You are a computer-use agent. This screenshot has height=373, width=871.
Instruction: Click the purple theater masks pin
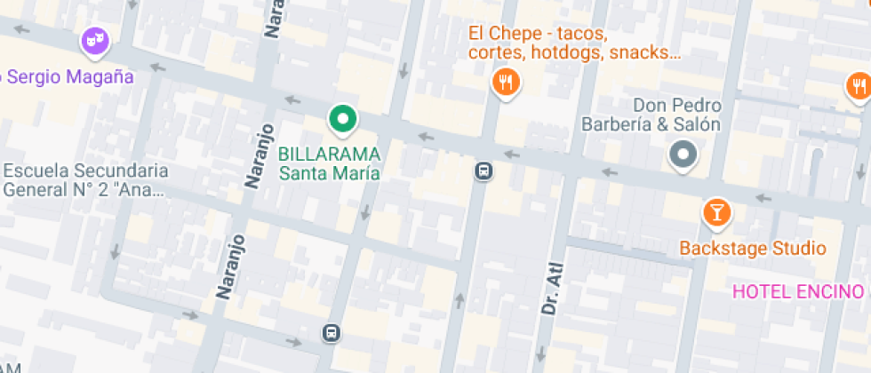93,40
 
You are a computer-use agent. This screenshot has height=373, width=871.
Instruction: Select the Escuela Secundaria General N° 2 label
85,179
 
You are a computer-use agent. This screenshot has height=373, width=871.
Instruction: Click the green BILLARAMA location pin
342,118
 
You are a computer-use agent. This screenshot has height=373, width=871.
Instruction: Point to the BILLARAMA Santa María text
330,163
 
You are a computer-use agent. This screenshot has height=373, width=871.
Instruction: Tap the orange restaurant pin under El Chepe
506,83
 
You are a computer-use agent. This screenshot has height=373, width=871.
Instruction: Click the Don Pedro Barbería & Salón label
651,115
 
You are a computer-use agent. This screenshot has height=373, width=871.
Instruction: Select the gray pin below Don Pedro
682,155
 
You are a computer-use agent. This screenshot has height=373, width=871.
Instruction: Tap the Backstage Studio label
753,248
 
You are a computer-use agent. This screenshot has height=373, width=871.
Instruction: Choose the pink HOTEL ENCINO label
797,291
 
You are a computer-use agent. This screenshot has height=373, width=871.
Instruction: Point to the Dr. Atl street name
552,290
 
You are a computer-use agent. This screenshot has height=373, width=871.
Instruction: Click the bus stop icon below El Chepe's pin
483,170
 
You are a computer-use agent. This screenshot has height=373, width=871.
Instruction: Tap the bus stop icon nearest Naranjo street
331,333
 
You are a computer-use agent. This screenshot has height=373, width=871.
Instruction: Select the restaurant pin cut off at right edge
858,86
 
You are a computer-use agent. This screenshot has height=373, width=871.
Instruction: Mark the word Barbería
616,124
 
